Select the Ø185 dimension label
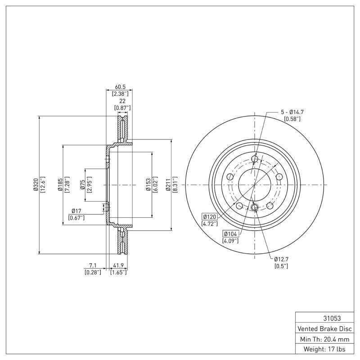tap(59, 184)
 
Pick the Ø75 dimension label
tap(82, 184)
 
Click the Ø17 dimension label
tap(76, 211)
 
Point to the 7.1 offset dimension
tap(92, 265)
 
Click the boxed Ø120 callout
tap(210, 216)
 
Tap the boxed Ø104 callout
tap(230, 234)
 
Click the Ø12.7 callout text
tap(281, 259)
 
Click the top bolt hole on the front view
tap(255, 159)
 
